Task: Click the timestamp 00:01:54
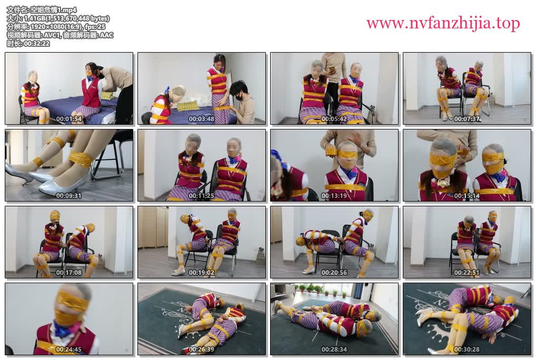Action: tap(68, 119)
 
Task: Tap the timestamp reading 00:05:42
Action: tap(334, 119)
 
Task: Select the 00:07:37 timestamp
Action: tap(466, 119)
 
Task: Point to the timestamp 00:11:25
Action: tap(201, 196)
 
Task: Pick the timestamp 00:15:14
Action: tap(466, 196)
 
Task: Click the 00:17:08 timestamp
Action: tap(68, 273)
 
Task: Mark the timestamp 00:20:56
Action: tap(334, 273)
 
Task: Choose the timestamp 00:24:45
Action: tap(68, 349)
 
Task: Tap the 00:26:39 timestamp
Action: tap(201, 349)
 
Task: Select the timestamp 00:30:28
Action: tap(466, 349)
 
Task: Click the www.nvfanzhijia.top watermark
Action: tap(443, 24)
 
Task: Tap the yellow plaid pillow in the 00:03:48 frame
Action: tap(187, 106)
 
